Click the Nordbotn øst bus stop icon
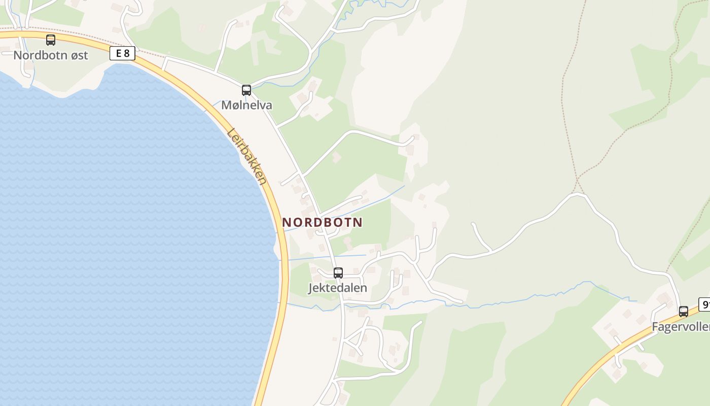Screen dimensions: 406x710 pyautogui.click(x=51, y=40)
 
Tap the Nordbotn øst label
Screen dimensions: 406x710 pyautogui.click(x=51, y=55)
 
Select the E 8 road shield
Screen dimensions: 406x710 pyautogui.click(x=122, y=53)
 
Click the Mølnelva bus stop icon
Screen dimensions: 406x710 pyautogui.click(x=246, y=90)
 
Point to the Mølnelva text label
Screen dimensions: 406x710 pyautogui.click(x=246, y=106)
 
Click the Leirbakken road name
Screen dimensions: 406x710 pyautogui.click(x=247, y=156)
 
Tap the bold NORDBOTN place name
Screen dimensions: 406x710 pyautogui.click(x=322, y=222)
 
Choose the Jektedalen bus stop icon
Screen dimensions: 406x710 pyautogui.click(x=338, y=273)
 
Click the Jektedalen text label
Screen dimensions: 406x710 pyautogui.click(x=338, y=288)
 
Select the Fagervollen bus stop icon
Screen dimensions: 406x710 pyautogui.click(x=684, y=312)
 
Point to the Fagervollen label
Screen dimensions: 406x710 pyautogui.click(x=681, y=327)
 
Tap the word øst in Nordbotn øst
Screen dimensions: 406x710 pyautogui.click(x=77, y=55)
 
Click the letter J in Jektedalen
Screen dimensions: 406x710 pyautogui.click(x=311, y=288)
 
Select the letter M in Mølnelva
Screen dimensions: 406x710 pyautogui.click(x=226, y=106)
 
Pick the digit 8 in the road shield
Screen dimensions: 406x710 pyautogui.click(x=127, y=53)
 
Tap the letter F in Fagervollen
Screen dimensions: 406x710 pyautogui.click(x=655, y=327)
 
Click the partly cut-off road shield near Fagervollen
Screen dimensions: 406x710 pyautogui.click(x=704, y=304)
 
